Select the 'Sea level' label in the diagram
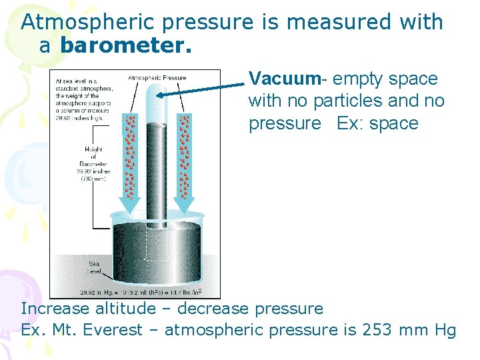pos(95,267)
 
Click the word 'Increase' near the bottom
pos(55,309)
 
